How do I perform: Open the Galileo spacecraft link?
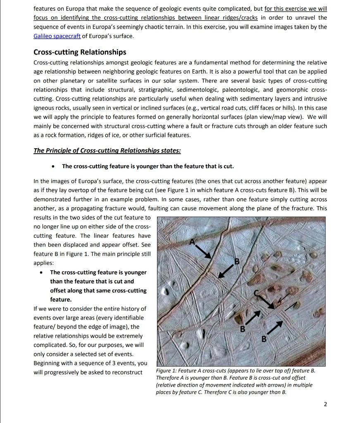57,36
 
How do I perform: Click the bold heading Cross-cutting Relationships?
80,52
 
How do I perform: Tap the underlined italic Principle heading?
107,150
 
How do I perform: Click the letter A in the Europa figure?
192,242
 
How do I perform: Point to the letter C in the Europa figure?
256,293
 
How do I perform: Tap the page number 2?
325,404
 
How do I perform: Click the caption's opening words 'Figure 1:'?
167,371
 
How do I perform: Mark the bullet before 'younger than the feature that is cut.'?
53,166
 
